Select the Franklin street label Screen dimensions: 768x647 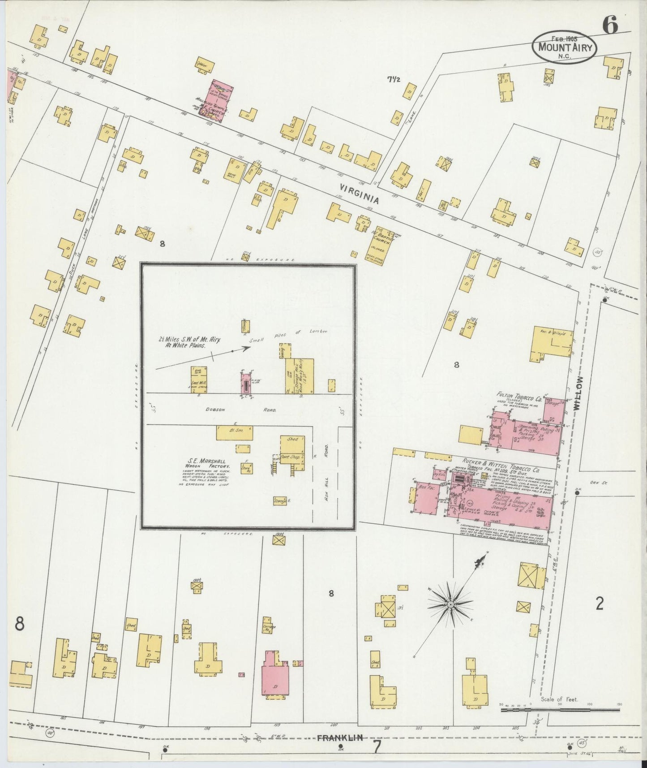[x=340, y=736]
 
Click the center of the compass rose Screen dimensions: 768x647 [x=450, y=605]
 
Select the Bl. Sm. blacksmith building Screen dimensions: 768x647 [x=234, y=433]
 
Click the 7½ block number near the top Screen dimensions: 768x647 [x=394, y=80]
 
